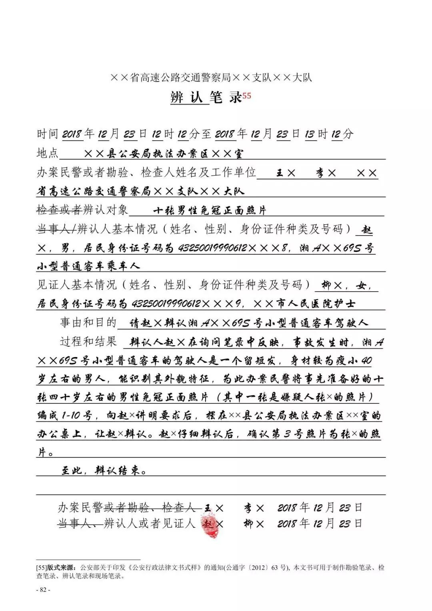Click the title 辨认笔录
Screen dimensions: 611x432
pyautogui.click(x=206, y=97)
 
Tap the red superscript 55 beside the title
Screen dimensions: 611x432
pyautogui.click(x=246, y=96)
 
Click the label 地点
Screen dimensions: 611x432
pyautogui.click(x=47, y=153)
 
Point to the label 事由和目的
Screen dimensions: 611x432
pyautogui.click(x=88, y=322)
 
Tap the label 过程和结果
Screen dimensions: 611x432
pyautogui.click(x=88, y=341)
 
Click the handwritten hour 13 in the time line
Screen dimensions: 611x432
pyautogui.click(x=310, y=134)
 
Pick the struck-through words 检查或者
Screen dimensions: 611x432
pyautogui.click(x=59, y=210)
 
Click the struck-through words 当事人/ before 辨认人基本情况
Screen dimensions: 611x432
pyautogui.click(x=56, y=229)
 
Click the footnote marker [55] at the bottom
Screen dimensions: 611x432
pyautogui.click(x=42, y=567)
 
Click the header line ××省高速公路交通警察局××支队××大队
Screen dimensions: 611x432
pyautogui.click(x=211, y=77)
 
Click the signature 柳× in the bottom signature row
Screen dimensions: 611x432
pyautogui.click(x=254, y=523)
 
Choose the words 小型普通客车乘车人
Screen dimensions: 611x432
pyautogui.click(x=88, y=266)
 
